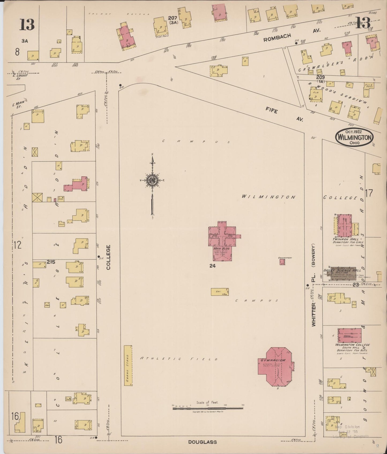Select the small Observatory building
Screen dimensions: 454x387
point(282,262)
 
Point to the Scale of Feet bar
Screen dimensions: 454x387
point(208,408)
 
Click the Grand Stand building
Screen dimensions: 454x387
point(128,365)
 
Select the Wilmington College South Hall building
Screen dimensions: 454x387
point(350,335)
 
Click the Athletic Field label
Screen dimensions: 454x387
point(178,359)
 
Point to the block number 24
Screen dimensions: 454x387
point(212,266)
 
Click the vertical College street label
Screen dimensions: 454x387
point(108,257)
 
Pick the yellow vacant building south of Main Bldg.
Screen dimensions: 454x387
point(220,292)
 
